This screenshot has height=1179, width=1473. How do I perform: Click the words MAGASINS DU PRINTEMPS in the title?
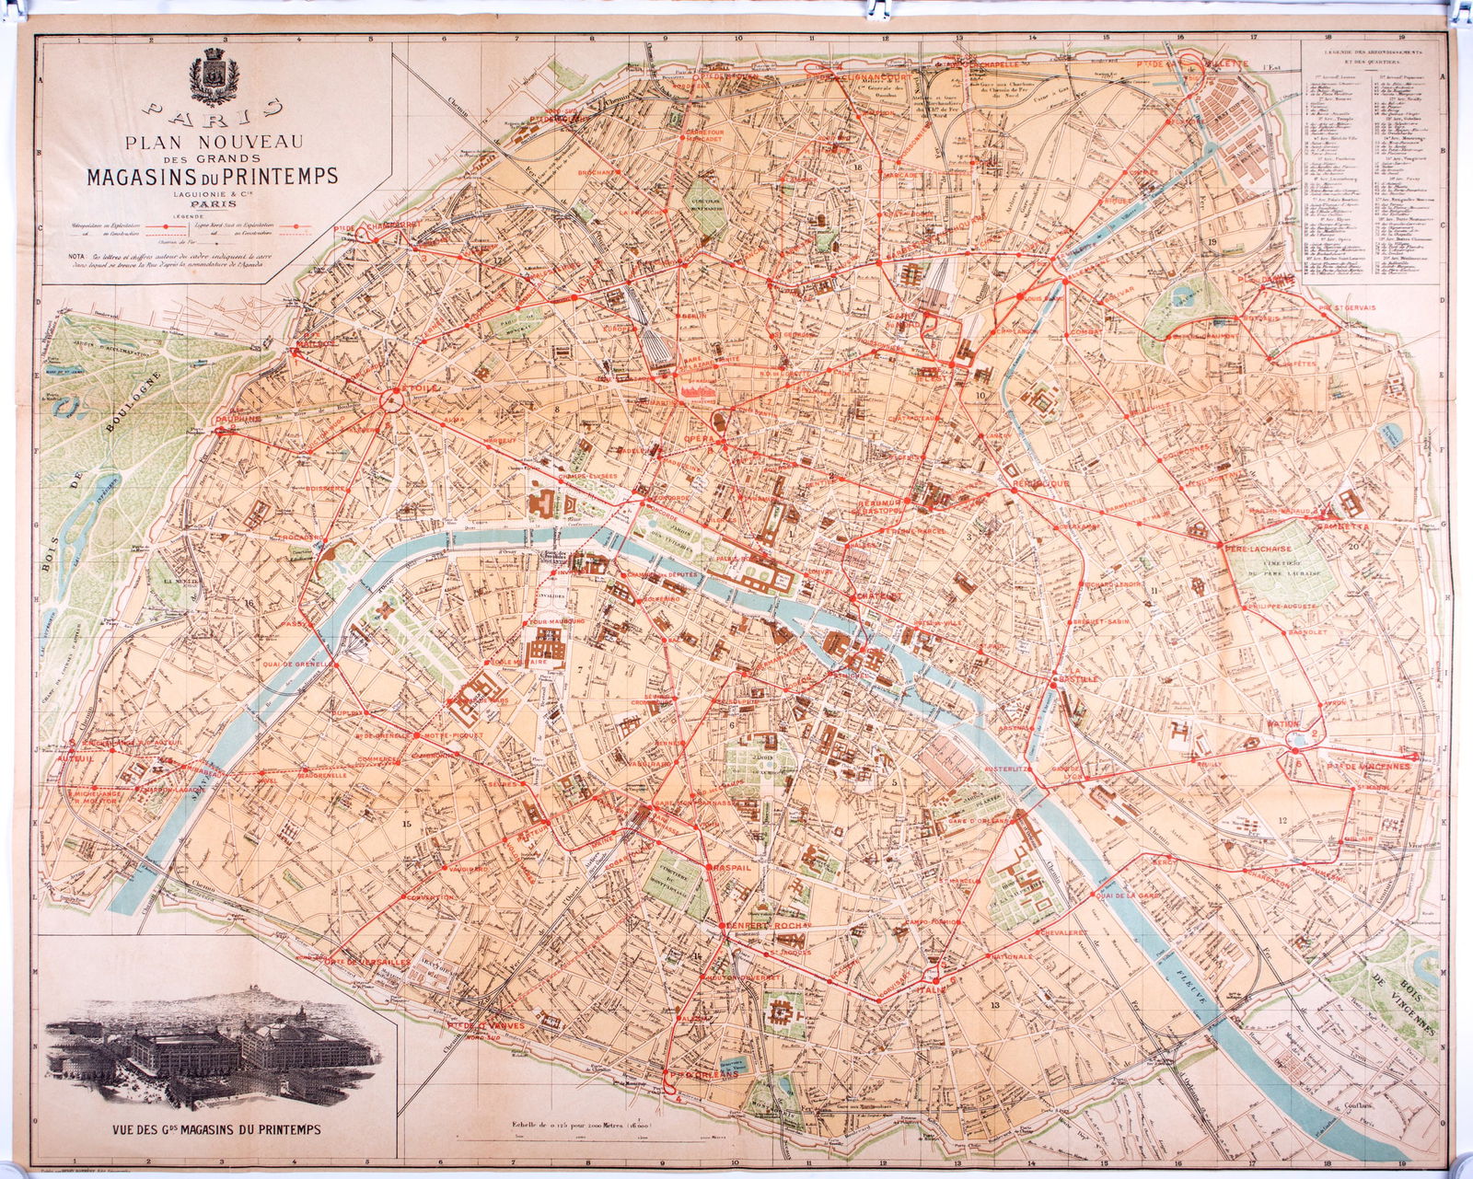point(212,175)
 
